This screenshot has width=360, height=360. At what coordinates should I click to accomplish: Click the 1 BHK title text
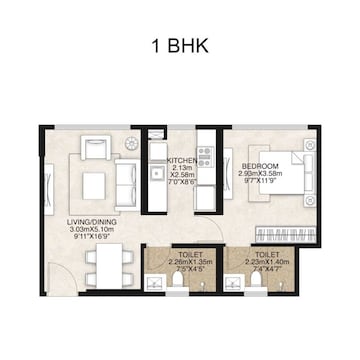point(180,47)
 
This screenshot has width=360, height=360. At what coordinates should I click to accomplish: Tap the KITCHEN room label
point(181,159)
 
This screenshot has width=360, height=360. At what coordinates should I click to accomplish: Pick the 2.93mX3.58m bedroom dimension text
point(261,174)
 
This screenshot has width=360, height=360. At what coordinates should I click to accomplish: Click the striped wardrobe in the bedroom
point(287,235)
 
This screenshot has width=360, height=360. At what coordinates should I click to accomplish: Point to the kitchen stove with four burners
point(206,157)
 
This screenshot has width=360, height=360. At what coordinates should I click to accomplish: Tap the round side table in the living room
point(131,144)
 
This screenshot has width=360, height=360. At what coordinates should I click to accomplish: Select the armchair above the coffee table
point(96,146)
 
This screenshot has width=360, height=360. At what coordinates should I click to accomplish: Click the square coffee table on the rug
point(94,185)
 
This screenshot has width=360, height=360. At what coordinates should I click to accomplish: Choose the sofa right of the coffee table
point(128,184)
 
